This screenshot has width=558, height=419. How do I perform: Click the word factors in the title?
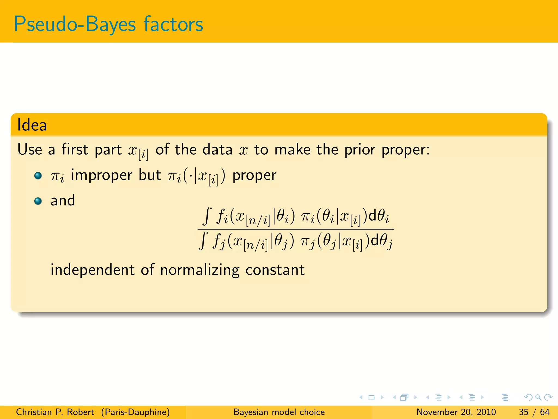pyautogui.click(x=173, y=24)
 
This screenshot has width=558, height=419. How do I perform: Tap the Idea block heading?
pyautogui.click(x=32, y=125)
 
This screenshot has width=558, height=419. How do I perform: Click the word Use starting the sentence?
pyautogui.click(x=30, y=149)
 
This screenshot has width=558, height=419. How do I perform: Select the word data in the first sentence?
pyautogui.click(x=217, y=149)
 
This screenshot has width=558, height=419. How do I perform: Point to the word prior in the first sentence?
pyautogui.click(x=360, y=149)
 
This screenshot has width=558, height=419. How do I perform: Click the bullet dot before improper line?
pyautogui.click(x=38, y=175)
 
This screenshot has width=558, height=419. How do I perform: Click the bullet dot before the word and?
pyautogui.click(x=38, y=201)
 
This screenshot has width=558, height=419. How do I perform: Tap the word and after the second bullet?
pyautogui.click(x=63, y=200)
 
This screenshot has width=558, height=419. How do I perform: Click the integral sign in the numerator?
pyautogui.click(x=208, y=216)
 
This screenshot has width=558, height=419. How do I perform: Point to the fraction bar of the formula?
pyautogui.click(x=296, y=229)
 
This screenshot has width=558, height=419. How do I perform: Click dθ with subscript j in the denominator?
pyautogui.click(x=382, y=241)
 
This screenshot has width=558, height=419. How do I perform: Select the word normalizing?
pyautogui.click(x=200, y=270)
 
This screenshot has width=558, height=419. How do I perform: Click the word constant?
pyautogui.click(x=275, y=270)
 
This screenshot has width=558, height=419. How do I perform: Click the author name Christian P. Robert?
pyautogui.click(x=55, y=412)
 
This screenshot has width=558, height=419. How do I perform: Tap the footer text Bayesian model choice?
pyautogui.click(x=279, y=412)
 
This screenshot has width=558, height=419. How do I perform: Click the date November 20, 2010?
pyautogui.click(x=456, y=412)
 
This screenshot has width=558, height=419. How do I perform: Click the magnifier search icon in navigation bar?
pyautogui.click(x=538, y=397)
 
